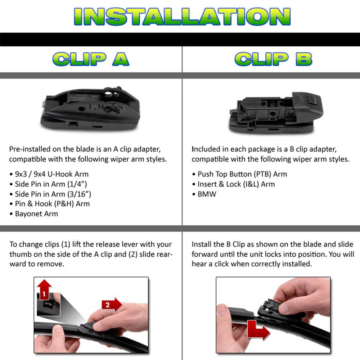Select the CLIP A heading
[91, 59]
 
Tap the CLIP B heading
[273, 59]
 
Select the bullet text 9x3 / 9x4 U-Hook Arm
[51, 174]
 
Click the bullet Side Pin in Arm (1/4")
[51, 184]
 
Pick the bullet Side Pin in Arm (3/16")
[53, 194]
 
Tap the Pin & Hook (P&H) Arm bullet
[52, 204]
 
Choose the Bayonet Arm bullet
[36, 214]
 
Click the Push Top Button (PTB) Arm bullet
[242, 174]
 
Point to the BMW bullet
[207, 194]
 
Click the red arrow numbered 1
[44, 292]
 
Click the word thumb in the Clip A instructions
[20, 254]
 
